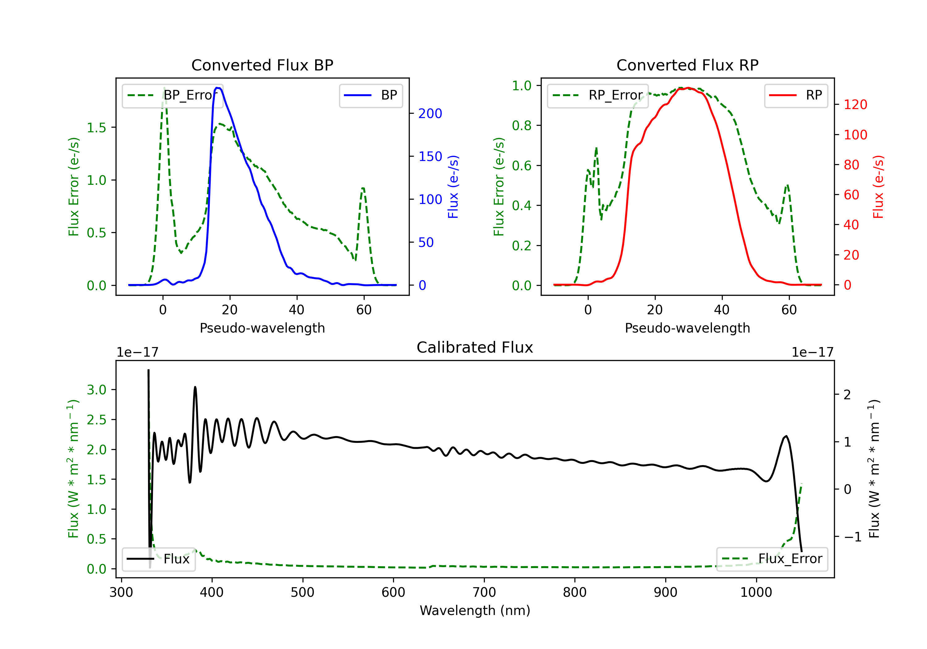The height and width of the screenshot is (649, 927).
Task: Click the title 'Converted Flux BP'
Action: click(x=262, y=65)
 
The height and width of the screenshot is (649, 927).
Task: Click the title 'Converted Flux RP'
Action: click(x=687, y=65)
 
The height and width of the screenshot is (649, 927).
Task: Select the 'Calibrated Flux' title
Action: click(x=475, y=347)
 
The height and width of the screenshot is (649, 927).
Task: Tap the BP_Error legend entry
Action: click(x=172, y=95)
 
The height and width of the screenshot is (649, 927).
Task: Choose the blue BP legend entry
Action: click(x=370, y=95)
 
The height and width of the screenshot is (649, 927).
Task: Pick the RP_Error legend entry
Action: click(x=598, y=95)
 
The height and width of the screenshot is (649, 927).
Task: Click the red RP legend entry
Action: click(x=796, y=95)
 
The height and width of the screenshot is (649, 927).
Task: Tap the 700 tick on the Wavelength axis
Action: click(x=484, y=592)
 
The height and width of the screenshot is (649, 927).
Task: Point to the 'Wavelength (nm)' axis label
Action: click(x=475, y=611)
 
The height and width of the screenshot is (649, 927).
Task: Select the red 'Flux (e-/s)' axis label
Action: click(x=878, y=187)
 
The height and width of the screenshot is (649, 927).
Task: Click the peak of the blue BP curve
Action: click(x=217, y=88)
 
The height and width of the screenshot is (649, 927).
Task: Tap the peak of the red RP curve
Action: click(x=688, y=88)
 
